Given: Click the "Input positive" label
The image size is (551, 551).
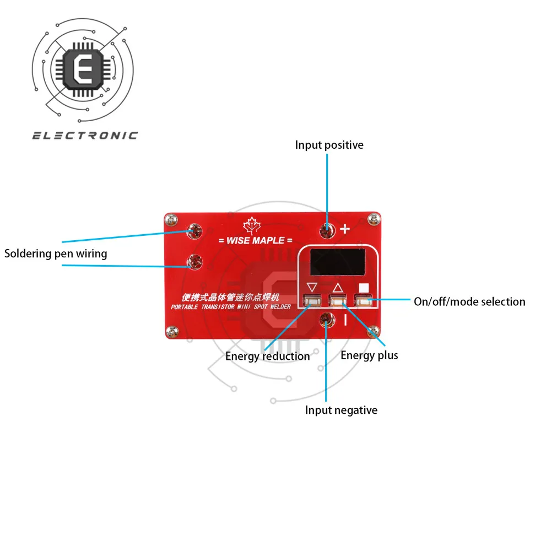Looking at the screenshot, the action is tap(329, 145).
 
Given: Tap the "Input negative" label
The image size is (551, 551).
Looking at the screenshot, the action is tap(341, 410).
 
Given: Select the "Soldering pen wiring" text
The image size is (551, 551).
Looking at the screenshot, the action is tap(56, 253).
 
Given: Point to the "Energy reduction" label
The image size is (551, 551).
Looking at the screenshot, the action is tap(267, 356).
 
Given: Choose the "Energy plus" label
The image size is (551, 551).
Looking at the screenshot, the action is tap(369, 355).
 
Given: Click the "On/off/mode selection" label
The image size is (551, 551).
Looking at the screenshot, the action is tap(469, 301).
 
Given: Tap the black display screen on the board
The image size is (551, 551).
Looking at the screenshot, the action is tap(337, 262).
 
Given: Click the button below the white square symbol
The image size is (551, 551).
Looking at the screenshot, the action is tap(363, 301).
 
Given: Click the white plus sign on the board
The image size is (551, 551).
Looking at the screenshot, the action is tap(345, 229).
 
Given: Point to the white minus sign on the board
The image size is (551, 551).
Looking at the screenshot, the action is tap(345, 320).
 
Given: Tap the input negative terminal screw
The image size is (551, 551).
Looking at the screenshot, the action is tap(327, 318).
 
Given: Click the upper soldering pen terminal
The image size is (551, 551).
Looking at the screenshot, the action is tap(195, 231).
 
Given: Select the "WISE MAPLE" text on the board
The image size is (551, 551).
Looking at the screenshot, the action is tap(251, 240).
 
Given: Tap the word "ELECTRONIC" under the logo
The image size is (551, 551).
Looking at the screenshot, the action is tap(85, 136).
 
